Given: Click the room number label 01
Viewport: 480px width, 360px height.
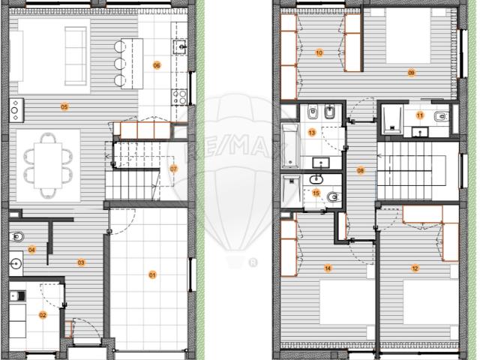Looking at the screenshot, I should (x=152, y=275).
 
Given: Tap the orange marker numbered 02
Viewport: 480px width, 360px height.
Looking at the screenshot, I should (x=43, y=315).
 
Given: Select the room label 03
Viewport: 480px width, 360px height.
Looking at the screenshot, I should (x=80, y=262).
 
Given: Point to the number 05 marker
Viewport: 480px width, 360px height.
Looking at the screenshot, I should (x=64, y=107).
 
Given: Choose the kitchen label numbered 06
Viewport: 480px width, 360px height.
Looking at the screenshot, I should (x=157, y=65).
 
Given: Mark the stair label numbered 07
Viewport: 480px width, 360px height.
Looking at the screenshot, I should (x=174, y=168).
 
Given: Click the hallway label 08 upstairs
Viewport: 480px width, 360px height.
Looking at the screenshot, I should (x=361, y=171).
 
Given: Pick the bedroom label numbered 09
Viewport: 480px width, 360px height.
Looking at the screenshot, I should (x=412, y=72).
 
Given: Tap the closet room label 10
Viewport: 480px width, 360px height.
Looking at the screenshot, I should (x=319, y=53).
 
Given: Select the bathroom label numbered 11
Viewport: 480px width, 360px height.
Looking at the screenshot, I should (x=420, y=115).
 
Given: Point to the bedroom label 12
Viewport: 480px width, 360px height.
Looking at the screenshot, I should (x=415, y=268).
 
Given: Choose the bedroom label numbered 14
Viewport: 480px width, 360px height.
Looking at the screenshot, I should (x=328, y=268).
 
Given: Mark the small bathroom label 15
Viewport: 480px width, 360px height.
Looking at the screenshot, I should (x=316, y=193).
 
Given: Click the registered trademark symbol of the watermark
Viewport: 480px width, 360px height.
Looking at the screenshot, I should (x=253, y=262).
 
